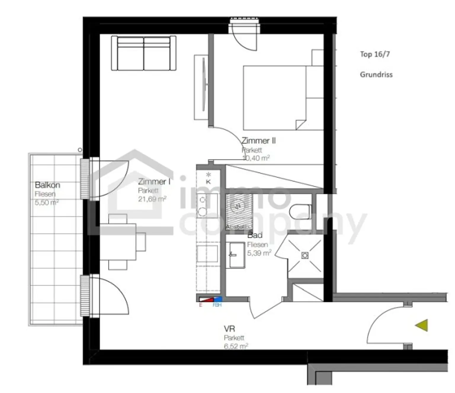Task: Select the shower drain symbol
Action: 305,255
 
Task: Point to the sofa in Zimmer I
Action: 144,53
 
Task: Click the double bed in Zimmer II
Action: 275,98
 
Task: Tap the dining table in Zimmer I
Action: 118,242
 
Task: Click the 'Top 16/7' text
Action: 375,54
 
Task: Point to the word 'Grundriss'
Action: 376,75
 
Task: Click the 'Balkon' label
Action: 47,185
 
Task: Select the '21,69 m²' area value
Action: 152,199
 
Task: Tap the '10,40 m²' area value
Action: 256,158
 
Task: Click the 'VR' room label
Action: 229,328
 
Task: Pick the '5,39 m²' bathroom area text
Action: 259,253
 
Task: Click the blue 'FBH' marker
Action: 217,299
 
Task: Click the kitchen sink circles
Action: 203,206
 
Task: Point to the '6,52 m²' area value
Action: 236,346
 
